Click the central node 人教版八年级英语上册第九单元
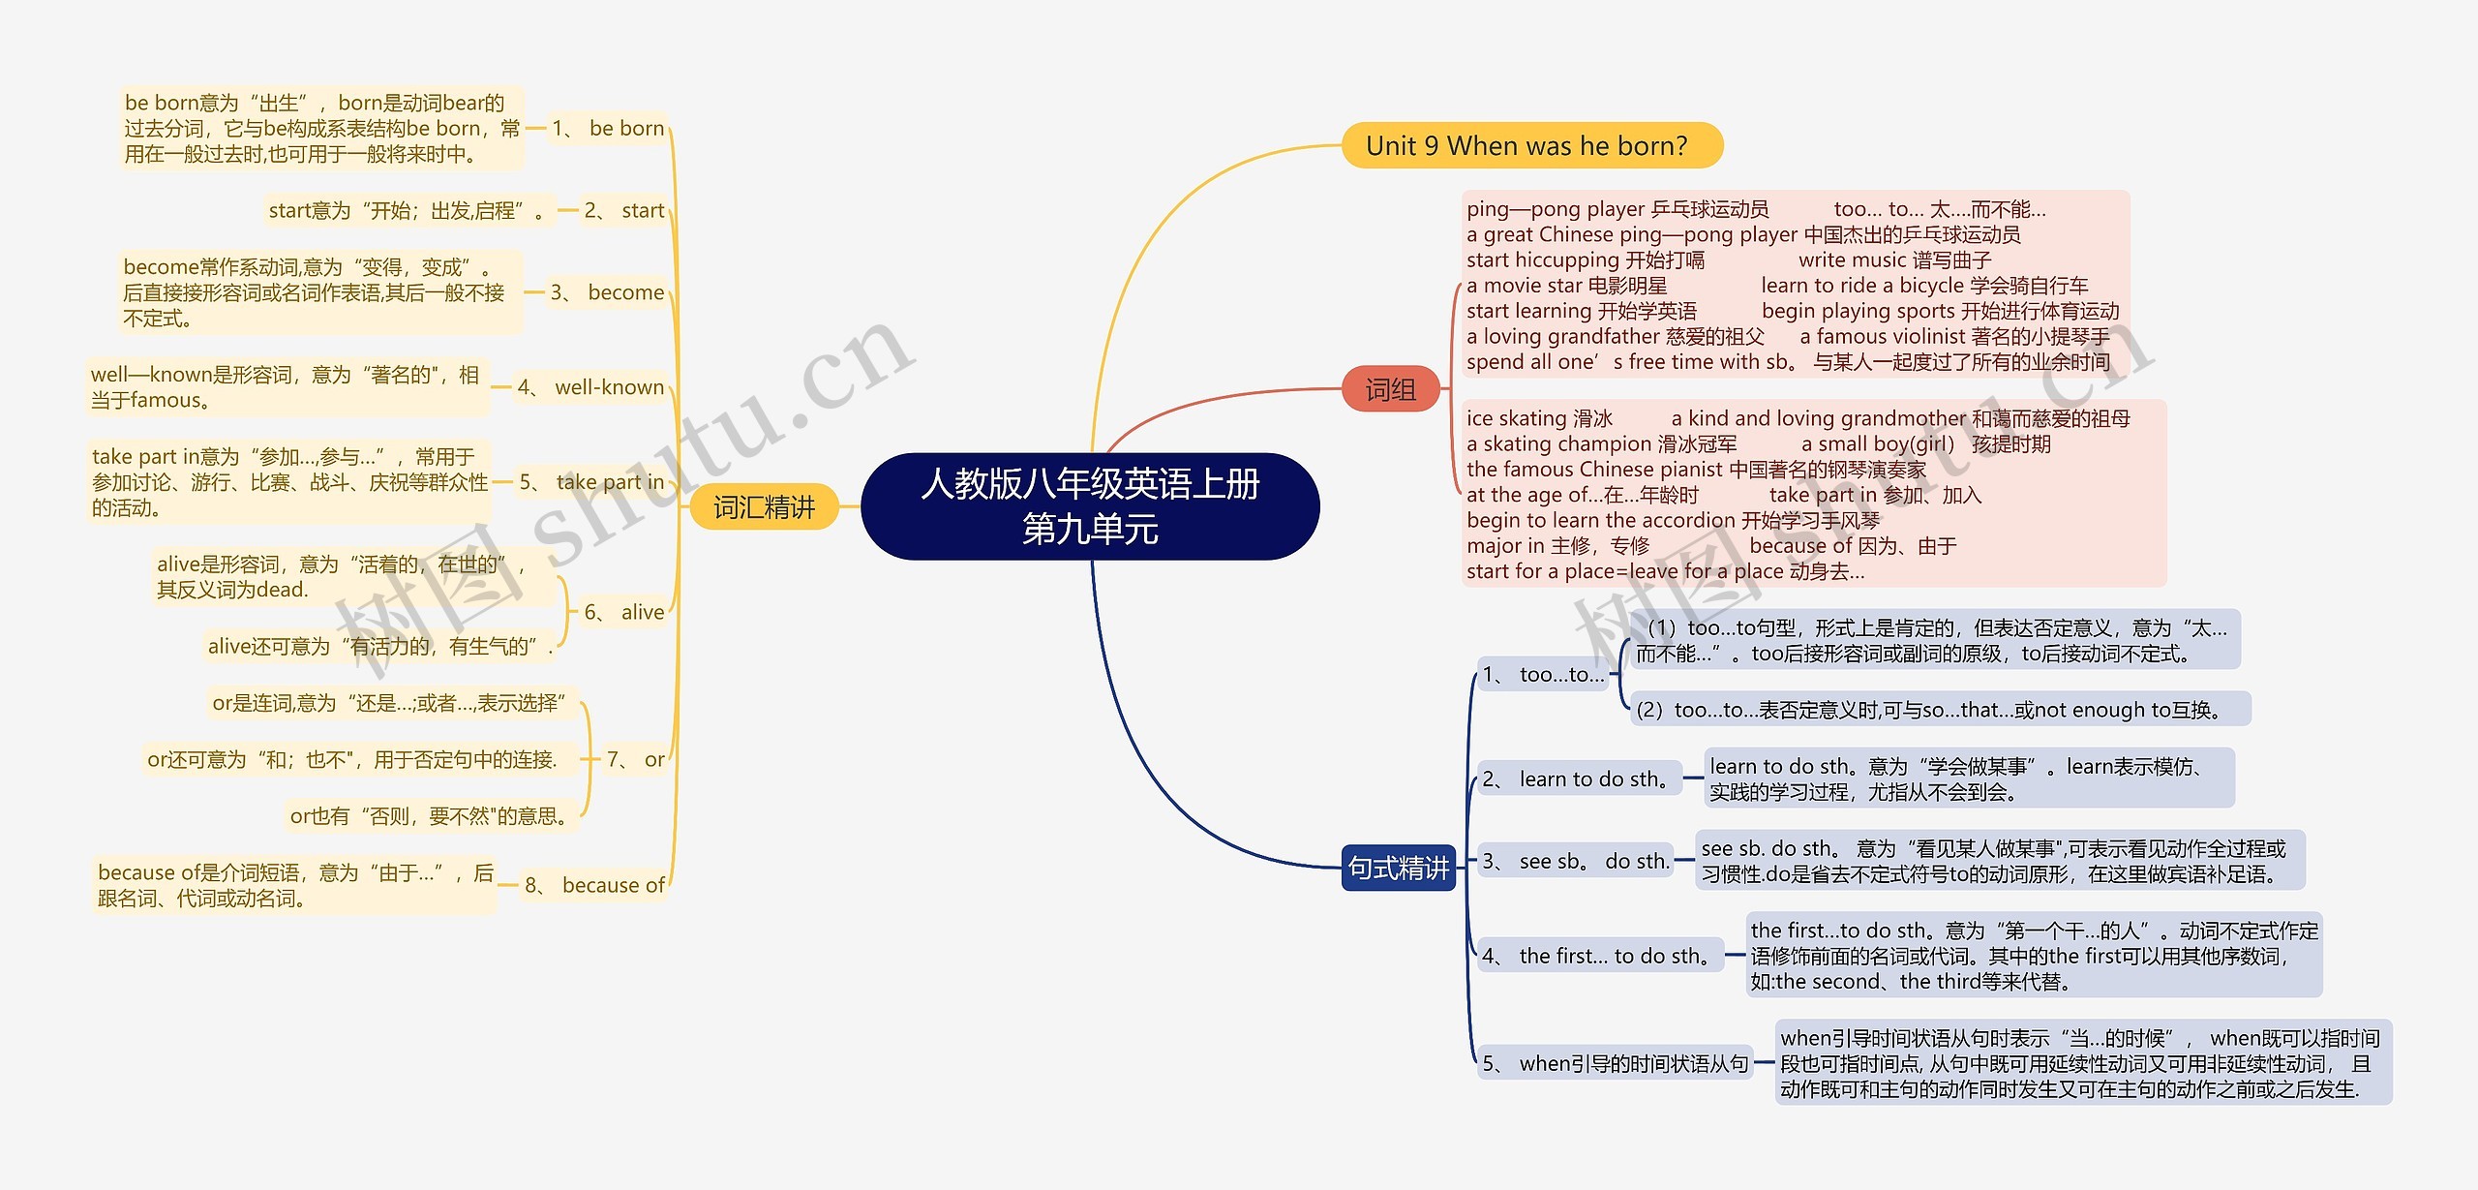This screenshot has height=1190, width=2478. (x=1090, y=506)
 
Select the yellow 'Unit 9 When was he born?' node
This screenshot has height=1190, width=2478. (x=1530, y=146)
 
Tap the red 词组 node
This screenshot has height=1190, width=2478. (x=1391, y=389)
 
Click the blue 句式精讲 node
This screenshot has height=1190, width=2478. (x=1398, y=868)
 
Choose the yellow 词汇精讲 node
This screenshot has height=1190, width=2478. (x=764, y=507)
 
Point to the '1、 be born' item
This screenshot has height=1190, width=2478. (x=609, y=129)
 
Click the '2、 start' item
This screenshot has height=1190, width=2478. (x=624, y=211)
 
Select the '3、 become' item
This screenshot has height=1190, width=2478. (x=608, y=293)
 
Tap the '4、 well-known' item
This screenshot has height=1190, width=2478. (x=591, y=388)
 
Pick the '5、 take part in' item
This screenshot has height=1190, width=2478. (x=592, y=482)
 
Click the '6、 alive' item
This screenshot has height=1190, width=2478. (x=624, y=613)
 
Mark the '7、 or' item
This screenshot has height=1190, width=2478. (x=636, y=760)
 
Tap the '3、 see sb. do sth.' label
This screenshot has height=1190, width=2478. (x=1576, y=862)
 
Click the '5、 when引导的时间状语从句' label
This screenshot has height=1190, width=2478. (x=1616, y=1064)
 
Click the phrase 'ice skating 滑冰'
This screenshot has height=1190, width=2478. (x=1539, y=419)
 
